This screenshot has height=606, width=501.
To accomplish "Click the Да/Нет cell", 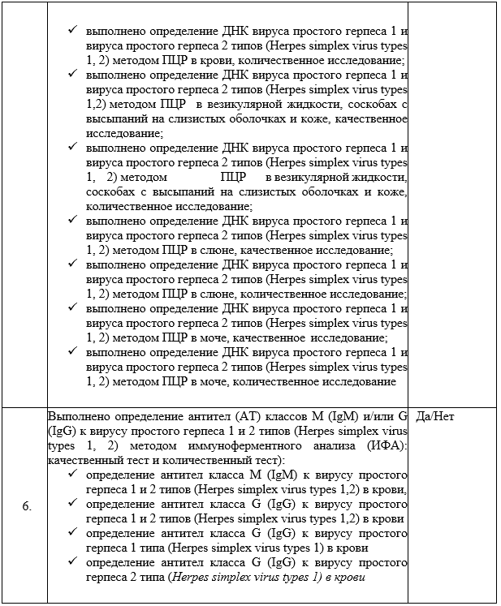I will [x=434, y=416].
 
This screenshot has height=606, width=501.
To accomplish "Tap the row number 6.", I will [x=27, y=506].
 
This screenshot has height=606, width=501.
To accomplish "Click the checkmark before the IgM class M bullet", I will [x=73, y=475].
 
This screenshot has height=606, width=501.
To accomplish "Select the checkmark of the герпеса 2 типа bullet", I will [x=73, y=562].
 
